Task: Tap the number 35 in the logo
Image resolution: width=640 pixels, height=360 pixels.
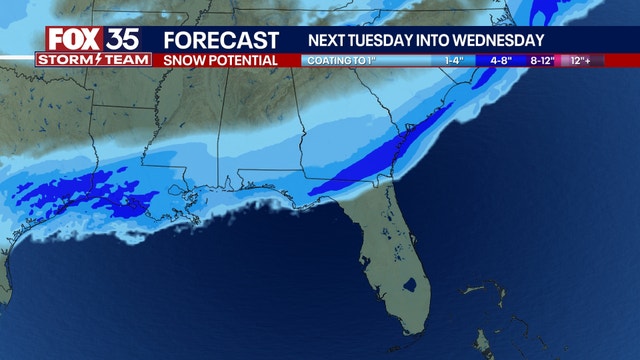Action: pyautogui.click(x=125, y=38)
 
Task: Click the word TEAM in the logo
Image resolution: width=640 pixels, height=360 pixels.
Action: pyautogui.click(x=125, y=60)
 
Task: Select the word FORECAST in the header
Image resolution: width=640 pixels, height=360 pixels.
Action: pyautogui.click(x=221, y=40)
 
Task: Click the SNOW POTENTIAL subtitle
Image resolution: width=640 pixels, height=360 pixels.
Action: pyautogui.click(x=221, y=60)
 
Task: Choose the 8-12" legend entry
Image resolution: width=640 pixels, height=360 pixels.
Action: pyautogui.click(x=541, y=60)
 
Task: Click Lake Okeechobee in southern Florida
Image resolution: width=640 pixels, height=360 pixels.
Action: pyautogui.click(x=409, y=289)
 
